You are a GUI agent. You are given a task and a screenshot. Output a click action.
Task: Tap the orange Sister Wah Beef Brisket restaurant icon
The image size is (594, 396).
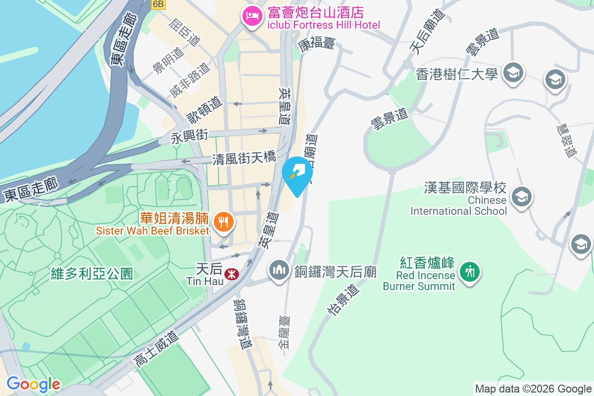(224, 221)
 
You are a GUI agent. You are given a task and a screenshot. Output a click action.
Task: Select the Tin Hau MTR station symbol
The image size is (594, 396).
(230, 273)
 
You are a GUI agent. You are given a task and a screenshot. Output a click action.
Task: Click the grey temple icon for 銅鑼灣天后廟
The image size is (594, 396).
(279, 270)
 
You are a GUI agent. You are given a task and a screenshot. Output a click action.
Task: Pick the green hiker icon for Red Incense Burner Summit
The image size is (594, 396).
(469, 271)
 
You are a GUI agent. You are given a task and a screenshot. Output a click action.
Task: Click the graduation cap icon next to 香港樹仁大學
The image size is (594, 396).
(513, 73)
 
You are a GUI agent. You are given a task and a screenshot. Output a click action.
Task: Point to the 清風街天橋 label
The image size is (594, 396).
(244, 159)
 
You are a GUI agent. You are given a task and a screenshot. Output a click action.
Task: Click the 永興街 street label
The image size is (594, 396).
(190, 136)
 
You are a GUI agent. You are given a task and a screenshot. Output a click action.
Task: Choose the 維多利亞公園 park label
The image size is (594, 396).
(92, 273)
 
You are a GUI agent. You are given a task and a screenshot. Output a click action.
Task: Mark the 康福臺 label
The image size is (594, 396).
(317, 44)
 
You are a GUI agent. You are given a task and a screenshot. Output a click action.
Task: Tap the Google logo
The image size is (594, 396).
(33, 384)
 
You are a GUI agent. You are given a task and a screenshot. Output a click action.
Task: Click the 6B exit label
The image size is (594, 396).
(158, 4)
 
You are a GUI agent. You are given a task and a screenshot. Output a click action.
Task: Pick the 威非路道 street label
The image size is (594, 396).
(189, 79)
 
